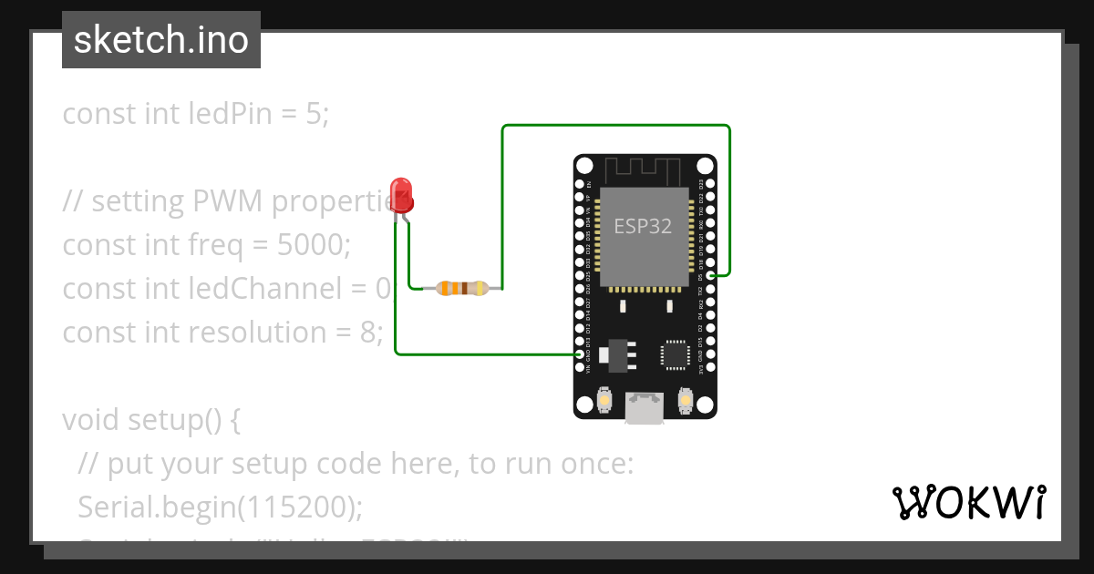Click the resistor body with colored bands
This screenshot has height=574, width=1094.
click(463, 289)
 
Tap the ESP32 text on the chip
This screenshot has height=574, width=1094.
click(643, 226)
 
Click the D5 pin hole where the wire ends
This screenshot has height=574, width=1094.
click(711, 274)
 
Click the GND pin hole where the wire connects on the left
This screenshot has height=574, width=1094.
click(580, 354)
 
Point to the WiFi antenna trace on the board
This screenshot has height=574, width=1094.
click(644, 169)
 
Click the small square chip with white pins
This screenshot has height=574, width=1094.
click(676, 354)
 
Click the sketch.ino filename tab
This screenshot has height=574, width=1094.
click(161, 40)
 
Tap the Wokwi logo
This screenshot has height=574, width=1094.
click(968, 502)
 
